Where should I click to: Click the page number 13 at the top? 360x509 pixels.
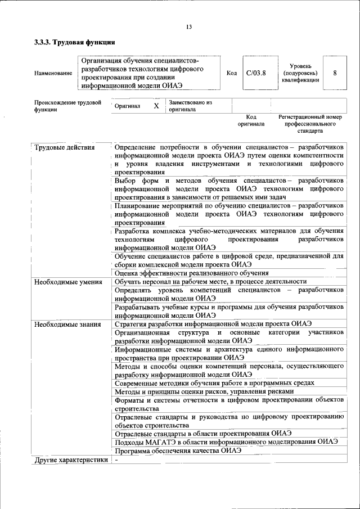click(x=188, y=28)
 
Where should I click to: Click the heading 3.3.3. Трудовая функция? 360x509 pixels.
click(x=74, y=43)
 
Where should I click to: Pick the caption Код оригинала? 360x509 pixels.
click(x=251, y=120)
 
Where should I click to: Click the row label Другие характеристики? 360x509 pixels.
click(x=70, y=460)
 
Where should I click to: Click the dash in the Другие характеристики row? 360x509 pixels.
click(x=116, y=460)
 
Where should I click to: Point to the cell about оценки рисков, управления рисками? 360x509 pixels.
click(x=204, y=391)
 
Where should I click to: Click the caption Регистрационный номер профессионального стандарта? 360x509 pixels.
click(x=310, y=124)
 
